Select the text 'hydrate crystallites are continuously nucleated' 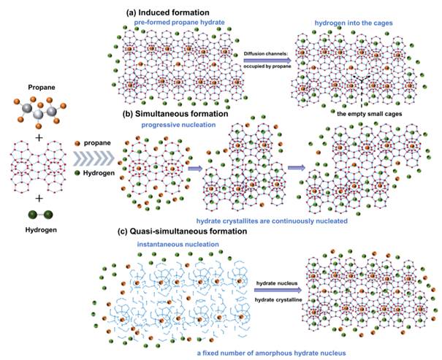click(x=272, y=220)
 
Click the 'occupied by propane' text click(x=267, y=68)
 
